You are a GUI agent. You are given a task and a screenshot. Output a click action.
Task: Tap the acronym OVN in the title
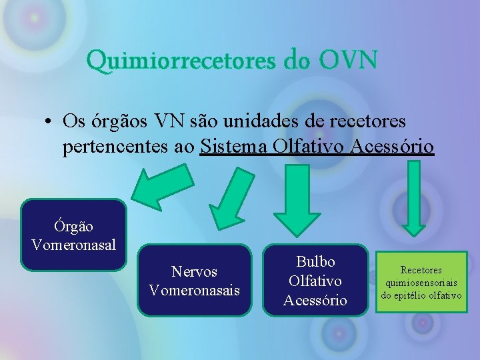(348, 61)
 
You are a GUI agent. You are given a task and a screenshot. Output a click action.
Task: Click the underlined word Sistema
(233, 146)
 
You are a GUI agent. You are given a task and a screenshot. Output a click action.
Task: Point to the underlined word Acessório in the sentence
(395, 146)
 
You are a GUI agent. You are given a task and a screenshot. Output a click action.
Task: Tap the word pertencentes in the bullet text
(109, 146)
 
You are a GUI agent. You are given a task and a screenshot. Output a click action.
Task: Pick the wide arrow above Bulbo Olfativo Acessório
(299, 199)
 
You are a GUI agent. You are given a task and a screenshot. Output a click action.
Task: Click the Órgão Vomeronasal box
(73, 235)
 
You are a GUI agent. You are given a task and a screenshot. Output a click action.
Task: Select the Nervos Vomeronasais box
(195, 281)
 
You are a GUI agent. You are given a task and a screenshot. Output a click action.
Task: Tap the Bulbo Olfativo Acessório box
(315, 281)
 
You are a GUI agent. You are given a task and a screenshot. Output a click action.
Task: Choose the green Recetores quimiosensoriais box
(421, 282)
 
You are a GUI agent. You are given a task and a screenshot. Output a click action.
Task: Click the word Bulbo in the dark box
(315, 262)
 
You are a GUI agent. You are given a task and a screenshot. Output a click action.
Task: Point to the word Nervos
(195, 272)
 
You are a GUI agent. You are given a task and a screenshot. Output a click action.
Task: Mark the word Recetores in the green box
(421, 270)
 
